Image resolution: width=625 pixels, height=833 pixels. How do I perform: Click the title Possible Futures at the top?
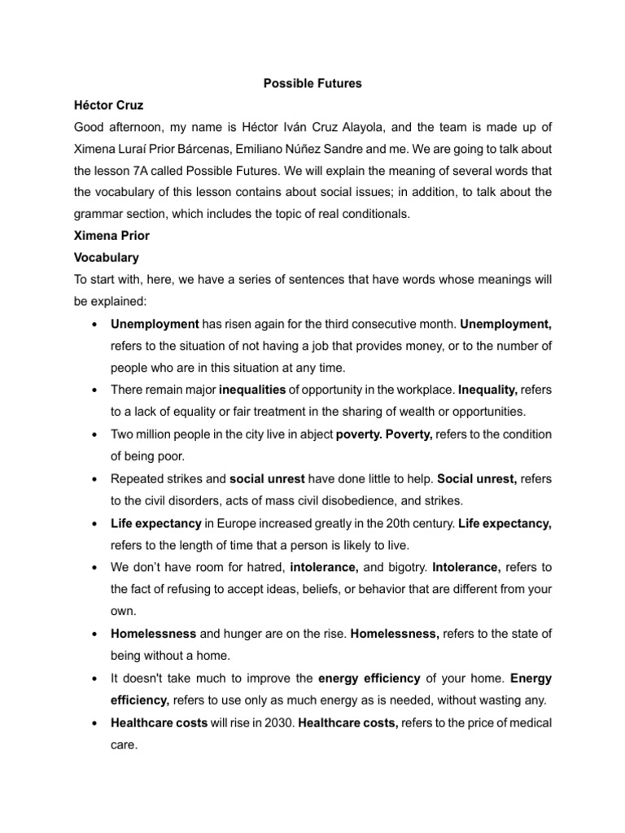pyautogui.click(x=312, y=84)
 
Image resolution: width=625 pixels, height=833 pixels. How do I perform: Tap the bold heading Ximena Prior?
pyautogui.click(x=111, y=236)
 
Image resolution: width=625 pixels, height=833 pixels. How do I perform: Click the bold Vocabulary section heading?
pyautogui.click(x=107, y=258)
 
